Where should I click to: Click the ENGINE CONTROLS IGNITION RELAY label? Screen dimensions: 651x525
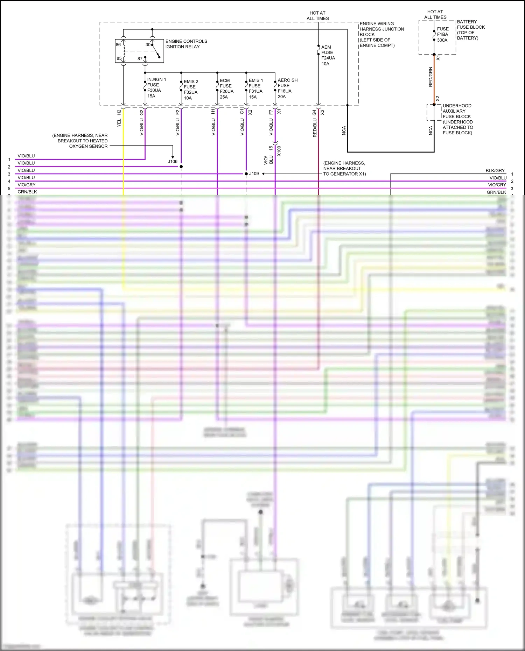[186, 44]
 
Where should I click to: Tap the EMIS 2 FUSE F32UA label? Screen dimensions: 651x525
[191, 90]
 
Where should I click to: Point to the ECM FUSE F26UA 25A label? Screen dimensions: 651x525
[226, 89]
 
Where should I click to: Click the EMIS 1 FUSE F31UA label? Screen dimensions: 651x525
[255, 89]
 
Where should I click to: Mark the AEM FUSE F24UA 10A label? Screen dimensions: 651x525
[328, 55]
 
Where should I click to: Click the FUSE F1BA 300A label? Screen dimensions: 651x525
[442, 34]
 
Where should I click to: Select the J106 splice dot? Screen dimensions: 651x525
[181, 167]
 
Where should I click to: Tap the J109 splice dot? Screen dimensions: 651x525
[246, 174]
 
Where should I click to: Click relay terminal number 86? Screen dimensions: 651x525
[118, 45]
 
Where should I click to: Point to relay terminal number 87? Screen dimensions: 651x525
[140, 59]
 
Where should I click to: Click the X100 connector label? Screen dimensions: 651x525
[279, 151]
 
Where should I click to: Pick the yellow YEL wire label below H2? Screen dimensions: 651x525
[119, 122]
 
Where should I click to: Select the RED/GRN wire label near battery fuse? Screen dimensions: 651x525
[430, 77]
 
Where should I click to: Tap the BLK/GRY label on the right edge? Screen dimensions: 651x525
[495, 171]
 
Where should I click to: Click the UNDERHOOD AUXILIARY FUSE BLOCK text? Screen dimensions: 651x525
[457, 119]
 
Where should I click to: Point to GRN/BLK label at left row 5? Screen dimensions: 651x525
[27, 192]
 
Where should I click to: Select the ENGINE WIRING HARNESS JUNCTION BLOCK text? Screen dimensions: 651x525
[381, 34]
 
